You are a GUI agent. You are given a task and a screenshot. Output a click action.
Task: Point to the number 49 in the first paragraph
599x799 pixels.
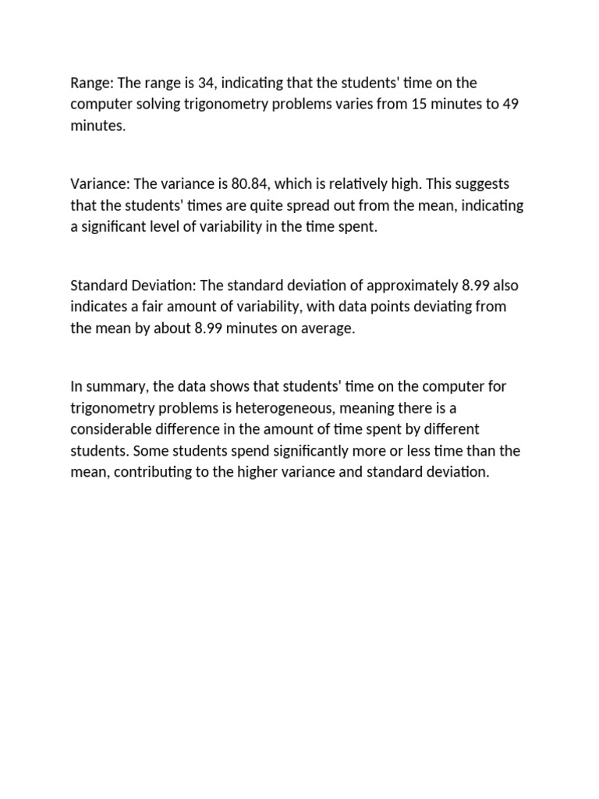click(x=510, y=105)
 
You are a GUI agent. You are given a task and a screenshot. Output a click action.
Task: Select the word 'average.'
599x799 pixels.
click(x=328, y=328)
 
